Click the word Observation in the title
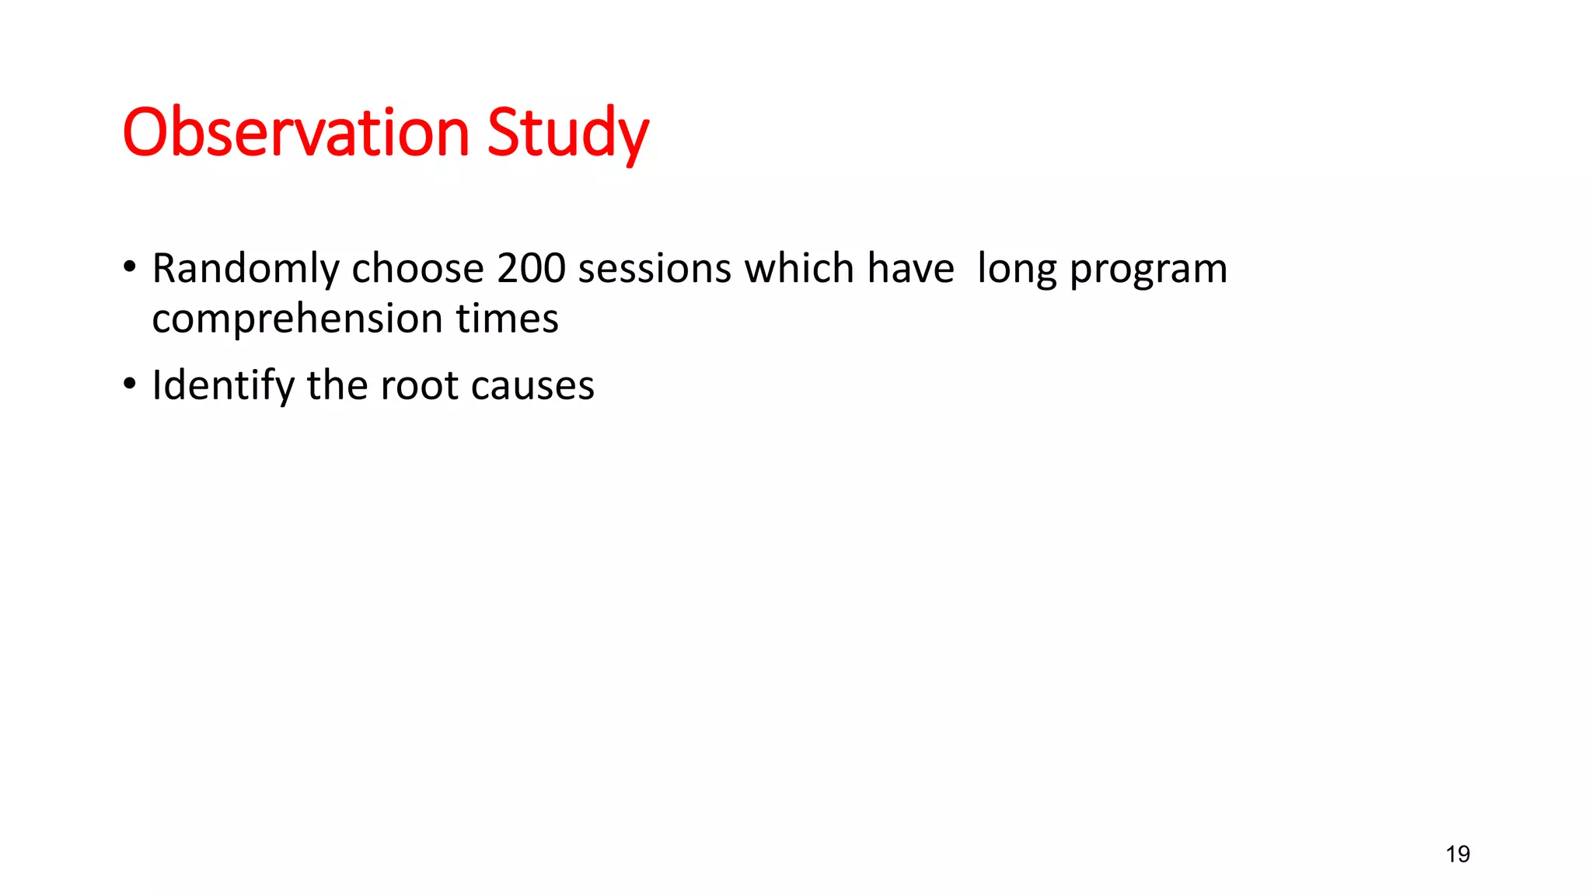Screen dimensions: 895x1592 coord(296,132)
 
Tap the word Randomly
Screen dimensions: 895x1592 coord(246,270)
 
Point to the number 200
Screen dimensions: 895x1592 coord(531,269)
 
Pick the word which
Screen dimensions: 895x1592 coord(799,269)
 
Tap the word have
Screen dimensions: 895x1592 coord(910,269)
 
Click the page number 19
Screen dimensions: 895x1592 coord(1458,855)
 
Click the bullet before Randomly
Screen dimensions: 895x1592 coord(130,267)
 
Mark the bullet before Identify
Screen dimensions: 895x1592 coord(130,384)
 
